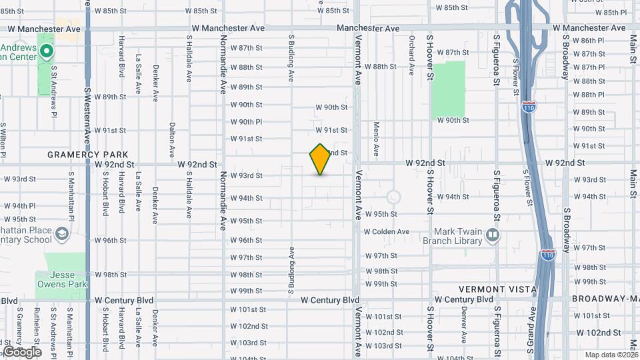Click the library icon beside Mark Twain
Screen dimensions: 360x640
(493, 235)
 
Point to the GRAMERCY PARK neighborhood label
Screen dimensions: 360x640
(87, 155)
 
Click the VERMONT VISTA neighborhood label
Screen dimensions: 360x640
(498, 289)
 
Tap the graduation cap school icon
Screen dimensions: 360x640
(62, 233)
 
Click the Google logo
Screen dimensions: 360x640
(21, 351)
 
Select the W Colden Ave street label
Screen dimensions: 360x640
(386, 231)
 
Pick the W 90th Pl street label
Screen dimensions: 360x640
(246, 122)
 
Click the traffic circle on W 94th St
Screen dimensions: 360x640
(393, 197)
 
